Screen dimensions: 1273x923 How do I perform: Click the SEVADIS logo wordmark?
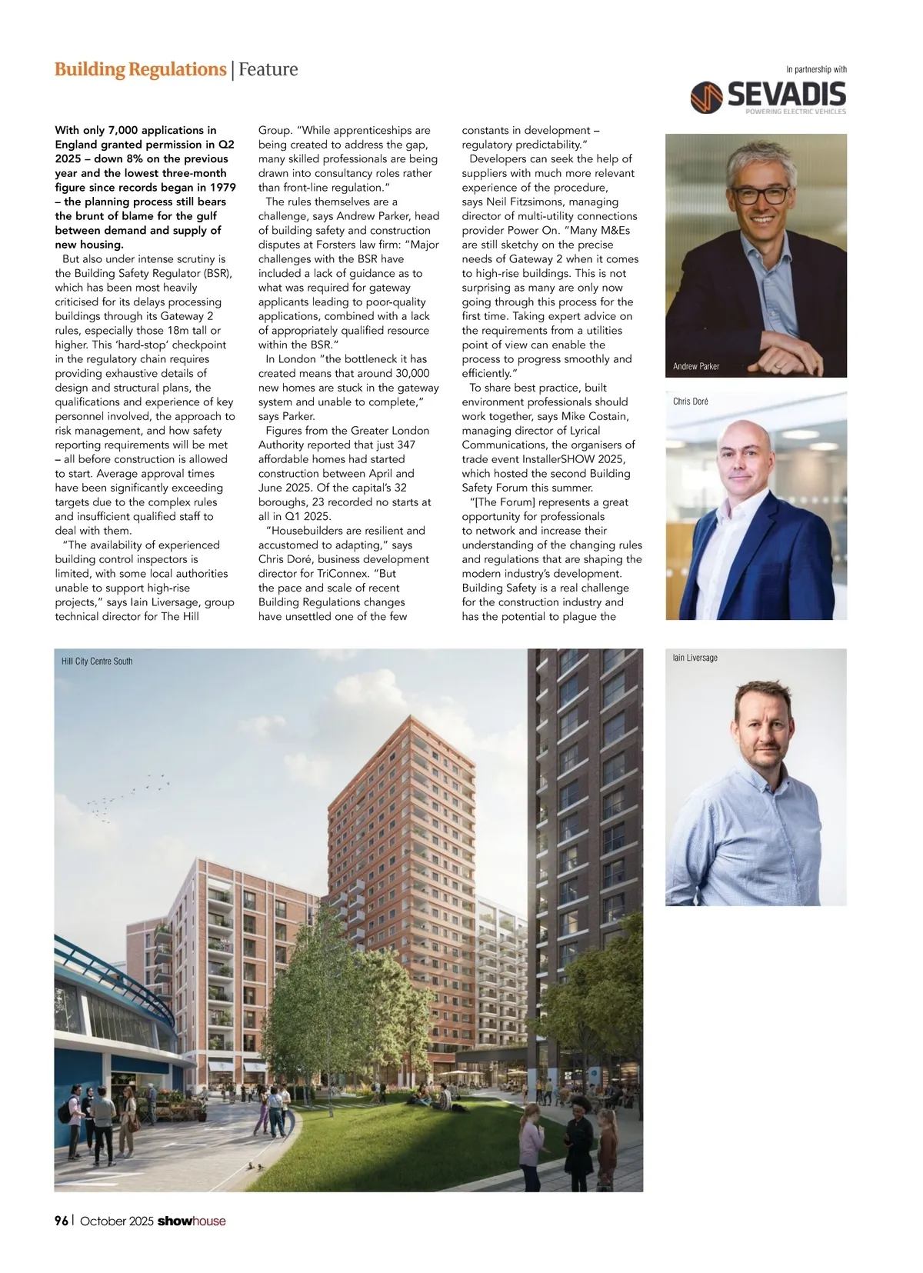tap(786, 95)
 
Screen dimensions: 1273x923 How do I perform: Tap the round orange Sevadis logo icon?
tap(706, 98)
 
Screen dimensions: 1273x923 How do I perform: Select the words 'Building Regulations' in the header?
tap(140, 69)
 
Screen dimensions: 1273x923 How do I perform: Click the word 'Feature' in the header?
tap(268, 69)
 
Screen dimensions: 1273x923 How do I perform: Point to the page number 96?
tap(62, 1221)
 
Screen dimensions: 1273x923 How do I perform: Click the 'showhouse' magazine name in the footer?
tap(192, 1221)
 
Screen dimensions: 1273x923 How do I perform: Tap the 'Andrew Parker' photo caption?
tap(696, 366)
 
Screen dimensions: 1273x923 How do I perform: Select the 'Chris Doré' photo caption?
tap(690, 402)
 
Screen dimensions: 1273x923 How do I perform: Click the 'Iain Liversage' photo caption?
tap(695, 658)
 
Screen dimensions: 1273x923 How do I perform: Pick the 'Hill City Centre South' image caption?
tap(97, 661)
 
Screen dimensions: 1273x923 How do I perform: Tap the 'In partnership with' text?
tap(816, 69)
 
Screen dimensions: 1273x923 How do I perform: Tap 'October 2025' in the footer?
tap(117, 1221)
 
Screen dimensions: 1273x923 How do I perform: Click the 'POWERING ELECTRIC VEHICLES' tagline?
tap(795, 112)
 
